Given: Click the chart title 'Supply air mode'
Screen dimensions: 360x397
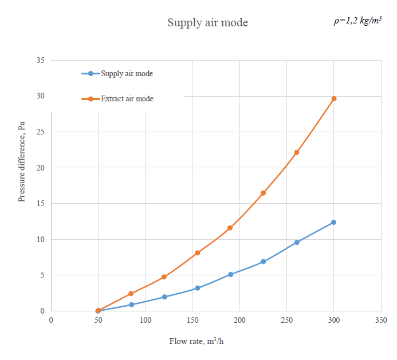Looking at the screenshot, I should pos(207,23).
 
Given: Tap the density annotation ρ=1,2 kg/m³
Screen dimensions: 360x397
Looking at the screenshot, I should pos(357,21).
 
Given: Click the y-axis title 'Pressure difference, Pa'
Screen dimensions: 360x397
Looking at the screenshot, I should pos(22,161).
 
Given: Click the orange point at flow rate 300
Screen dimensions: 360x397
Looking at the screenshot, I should pos(334,98).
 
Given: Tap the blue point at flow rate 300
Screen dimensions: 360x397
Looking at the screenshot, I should pos(334,222).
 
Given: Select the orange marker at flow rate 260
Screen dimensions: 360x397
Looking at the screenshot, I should pos(296,152).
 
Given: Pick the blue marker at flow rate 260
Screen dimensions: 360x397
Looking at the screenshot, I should pos(296,242).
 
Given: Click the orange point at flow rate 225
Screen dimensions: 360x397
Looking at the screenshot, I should pos(263,193).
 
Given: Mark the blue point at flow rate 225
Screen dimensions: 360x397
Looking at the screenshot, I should pos(263,262).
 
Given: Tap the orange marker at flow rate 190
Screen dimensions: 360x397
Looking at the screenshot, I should pos(230,228).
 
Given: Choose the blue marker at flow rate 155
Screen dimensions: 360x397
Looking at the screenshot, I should pos(197,288).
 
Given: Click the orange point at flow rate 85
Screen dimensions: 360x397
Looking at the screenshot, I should pos(131,294).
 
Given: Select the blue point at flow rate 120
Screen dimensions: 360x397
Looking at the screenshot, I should pos(164,297).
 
